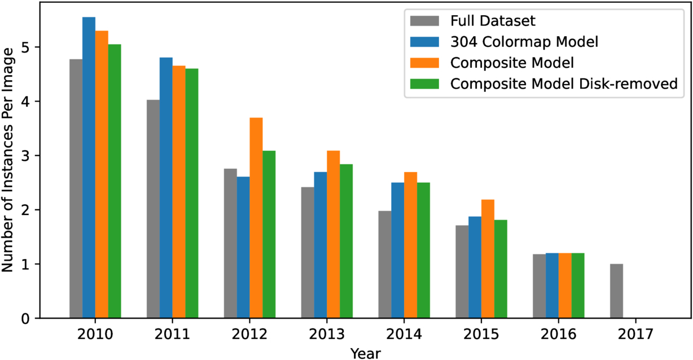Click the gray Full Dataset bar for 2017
616,291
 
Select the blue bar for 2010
89,168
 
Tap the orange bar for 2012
256,218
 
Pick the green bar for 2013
346,241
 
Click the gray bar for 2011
153,209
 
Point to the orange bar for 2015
488,258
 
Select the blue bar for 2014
397,250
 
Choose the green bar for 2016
578,286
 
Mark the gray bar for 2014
384,265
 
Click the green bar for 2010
115,181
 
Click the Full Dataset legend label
493,21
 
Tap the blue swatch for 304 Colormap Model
424,42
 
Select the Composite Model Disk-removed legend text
564,84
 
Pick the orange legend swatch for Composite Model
424,63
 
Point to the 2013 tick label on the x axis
327,335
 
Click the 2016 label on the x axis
559,335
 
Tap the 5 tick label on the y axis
26,47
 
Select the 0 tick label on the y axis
26,319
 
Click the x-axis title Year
365,353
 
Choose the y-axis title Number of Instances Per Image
7,160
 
